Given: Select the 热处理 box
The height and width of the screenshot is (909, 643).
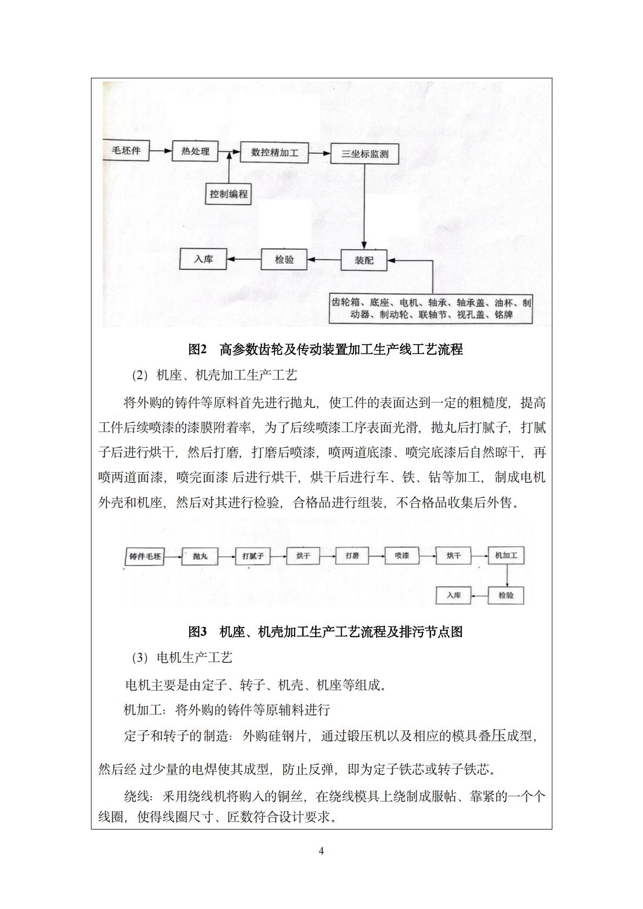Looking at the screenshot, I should [x=195, y=151].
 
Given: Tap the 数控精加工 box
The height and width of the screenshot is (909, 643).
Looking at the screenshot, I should [x=274, y=152].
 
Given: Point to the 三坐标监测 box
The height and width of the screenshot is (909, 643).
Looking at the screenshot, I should [x=365, y=154].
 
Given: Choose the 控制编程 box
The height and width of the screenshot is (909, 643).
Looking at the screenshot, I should [x=229, y=194].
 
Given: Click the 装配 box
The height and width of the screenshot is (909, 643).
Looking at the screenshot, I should [x=364, y=260].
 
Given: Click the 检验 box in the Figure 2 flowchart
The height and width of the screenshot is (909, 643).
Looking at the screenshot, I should [x=284, y=259].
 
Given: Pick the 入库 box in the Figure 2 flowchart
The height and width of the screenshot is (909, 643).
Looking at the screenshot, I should [x=203, y=259].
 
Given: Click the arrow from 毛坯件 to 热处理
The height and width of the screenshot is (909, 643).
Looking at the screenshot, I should [x=160, y=151].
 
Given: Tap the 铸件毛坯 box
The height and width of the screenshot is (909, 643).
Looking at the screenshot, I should [x=145, y=556].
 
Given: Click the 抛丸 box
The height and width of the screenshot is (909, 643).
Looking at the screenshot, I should [x=200, y=556].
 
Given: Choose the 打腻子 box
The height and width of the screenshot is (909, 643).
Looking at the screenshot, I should [x=253, y=556].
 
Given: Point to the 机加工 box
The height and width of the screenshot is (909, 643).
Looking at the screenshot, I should [x=506, y=555].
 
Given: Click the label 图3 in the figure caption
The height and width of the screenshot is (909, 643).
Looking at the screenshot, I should [x=198, y=631].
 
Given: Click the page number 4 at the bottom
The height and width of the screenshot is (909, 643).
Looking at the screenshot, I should [x=321, y=851].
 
